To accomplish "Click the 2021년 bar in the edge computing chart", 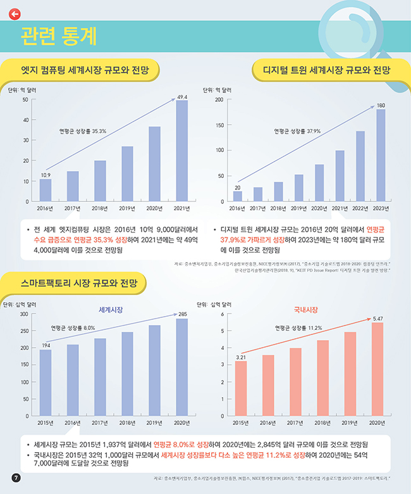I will (x=182, y=150).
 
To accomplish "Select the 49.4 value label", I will (x=182, y=97).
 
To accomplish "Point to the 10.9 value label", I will (x=46, y=174).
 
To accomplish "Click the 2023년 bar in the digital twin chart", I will (x=381, y=155).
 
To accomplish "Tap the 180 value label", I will (x=381, y=104).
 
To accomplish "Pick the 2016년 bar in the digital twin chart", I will (x=237, y=196).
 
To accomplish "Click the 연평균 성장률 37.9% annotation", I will (x=297, y=131).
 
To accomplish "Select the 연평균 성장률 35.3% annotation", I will (x=82, y=131).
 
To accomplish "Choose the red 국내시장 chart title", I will (x=305, y=309).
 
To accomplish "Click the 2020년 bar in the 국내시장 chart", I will (x=377, y=369).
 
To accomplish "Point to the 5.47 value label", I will (x=377, y=317).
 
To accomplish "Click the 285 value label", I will (x=182, y=314).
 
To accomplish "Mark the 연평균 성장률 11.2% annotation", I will (x=298, y=328).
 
